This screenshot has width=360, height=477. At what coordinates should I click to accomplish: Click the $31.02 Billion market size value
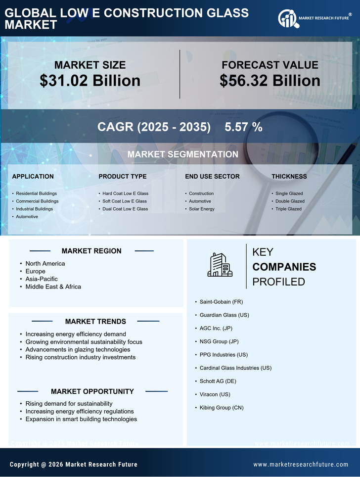click(x=90, y=81)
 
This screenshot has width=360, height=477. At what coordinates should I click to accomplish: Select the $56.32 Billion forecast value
click(x=270, y=81)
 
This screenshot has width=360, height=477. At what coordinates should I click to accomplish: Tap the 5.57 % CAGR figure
click(x=243, y=127)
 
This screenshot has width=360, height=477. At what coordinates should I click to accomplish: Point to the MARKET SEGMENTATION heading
click(x=182, y=154)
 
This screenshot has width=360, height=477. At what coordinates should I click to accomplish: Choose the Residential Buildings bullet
click(x=36, y=193)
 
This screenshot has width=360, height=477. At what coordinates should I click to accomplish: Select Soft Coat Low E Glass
click(x=125, y=201)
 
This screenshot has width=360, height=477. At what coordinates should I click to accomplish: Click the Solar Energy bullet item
click(x=202, y=209)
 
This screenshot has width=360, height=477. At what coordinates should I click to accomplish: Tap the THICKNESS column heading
click(x=289, y=176)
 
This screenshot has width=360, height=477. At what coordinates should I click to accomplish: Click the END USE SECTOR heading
click(x=212, y=176)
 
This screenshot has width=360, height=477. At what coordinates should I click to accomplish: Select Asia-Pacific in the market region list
click(x=42, y=279)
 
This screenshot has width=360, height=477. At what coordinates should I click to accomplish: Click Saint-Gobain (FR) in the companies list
click(x=221, y=301)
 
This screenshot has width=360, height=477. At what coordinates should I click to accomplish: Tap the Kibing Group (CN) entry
click(x=222, y=408)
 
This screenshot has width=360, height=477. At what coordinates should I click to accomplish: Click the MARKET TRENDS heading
click(x=95, y=322)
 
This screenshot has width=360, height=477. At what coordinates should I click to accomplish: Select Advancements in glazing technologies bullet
click(x=78, y=349)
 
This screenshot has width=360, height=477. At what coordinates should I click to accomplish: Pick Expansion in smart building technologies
click(x=81, y=419)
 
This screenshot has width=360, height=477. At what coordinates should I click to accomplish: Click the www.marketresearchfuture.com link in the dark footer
click(x=301, y=465)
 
